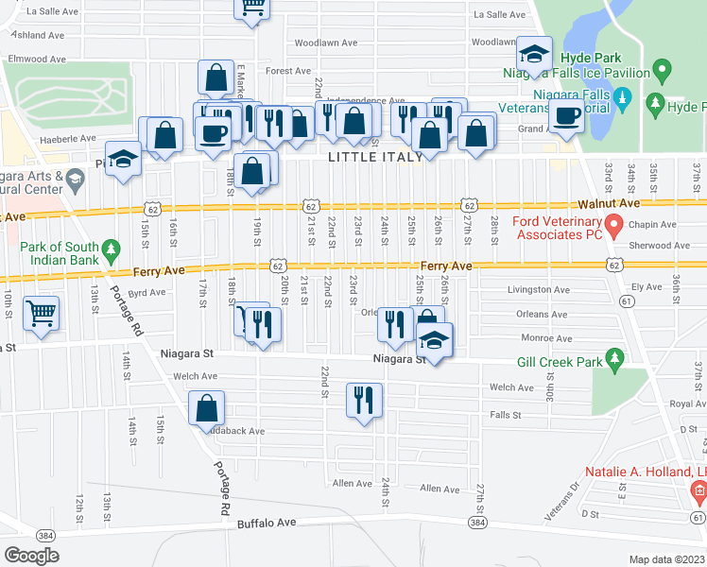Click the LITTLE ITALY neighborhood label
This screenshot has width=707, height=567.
[x=375, y=158]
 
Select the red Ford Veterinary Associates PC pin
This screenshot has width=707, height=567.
[x=613, y=226]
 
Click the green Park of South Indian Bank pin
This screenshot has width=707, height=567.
[x=112, y=250]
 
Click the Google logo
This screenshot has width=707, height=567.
[x=31, y=556]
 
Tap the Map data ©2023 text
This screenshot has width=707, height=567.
[x=665, y=559]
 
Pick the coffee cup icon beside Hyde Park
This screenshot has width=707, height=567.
[x=567, y=116]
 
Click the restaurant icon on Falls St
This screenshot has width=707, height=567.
[x=364, y=400]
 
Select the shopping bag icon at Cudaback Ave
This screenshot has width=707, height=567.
[x=206, y=409]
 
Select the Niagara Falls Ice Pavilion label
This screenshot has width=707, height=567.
[x=592, y=73]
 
